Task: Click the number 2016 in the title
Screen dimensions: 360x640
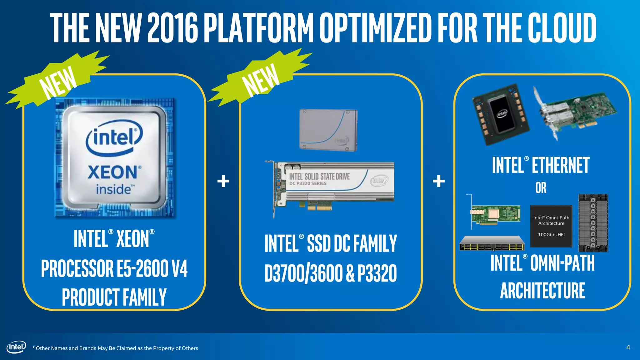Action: [x=172, y=28]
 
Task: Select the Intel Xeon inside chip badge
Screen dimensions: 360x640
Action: [x=115, y=158]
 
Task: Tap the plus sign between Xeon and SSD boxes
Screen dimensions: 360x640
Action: [x=223, y=181]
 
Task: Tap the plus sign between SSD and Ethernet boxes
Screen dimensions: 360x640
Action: [x=438, y=181]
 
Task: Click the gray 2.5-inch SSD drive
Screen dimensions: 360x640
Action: [x=328, y=130]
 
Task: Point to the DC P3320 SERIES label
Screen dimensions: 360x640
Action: [x=308, y=183]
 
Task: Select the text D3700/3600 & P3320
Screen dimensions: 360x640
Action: [x=330, y=273]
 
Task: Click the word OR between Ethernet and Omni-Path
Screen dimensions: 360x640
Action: [x=541, y=188]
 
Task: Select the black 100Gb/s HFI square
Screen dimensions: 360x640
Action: [x=551, y=226]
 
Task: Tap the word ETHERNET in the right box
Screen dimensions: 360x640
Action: [x=560, y=165]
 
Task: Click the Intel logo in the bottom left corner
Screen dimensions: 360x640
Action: [x=16, y=347]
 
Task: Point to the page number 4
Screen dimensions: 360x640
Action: [x=628, y=347]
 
